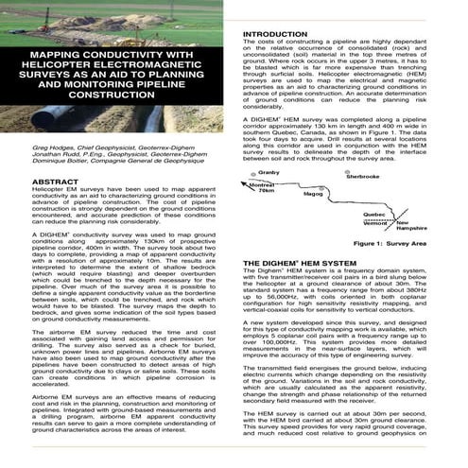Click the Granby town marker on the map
(x=254, y=177)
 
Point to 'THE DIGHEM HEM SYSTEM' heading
(x=301, y=262)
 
